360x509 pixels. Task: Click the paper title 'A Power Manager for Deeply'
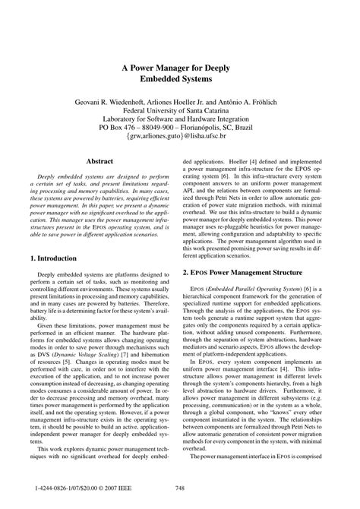pos(180,67)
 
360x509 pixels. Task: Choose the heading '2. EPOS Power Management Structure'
pos(243,271)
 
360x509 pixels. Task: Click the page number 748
pos(180,488)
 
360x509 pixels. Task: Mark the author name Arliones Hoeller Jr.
pos(178,100)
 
